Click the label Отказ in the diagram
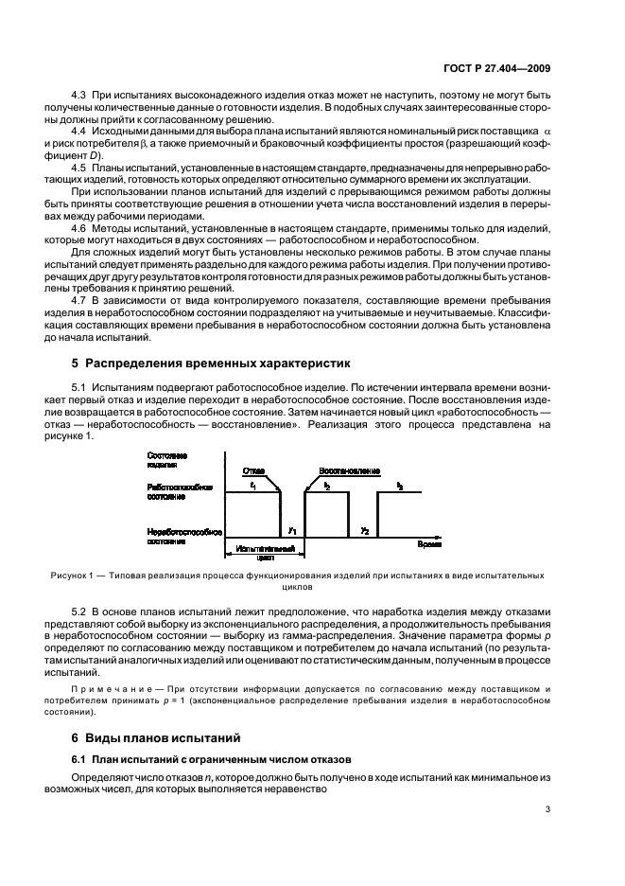coord(253,470)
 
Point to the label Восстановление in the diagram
coord(349,470)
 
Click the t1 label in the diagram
coord(253,485)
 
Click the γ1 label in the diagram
coord(293,531)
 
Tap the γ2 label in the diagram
coord(364,531)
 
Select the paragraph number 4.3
coord(80,97)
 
